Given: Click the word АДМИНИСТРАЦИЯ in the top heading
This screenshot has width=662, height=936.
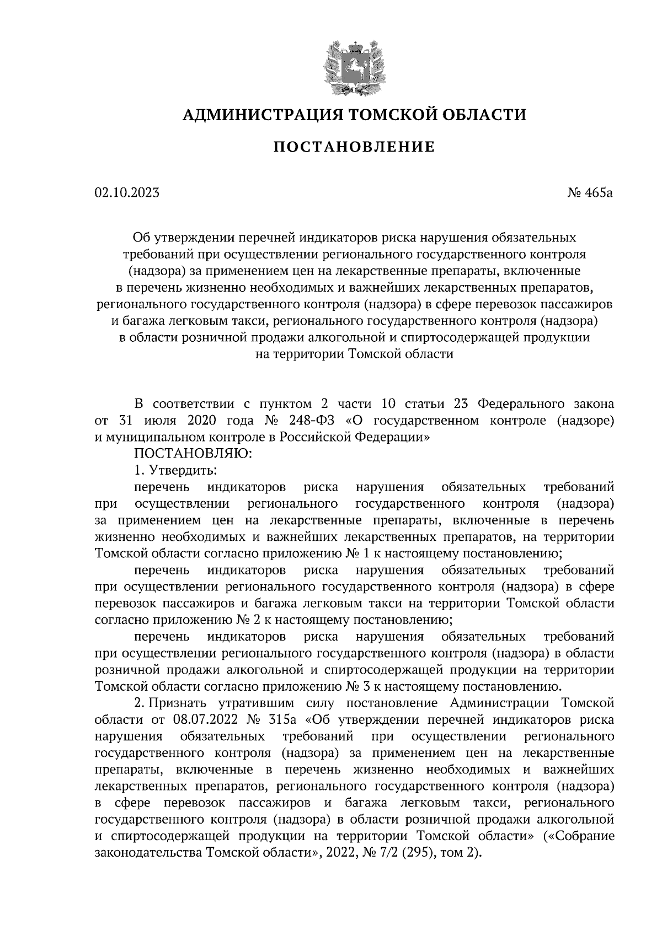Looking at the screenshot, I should tap(257, 115).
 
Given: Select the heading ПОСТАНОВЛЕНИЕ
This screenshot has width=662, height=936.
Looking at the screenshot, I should tap(354, 147).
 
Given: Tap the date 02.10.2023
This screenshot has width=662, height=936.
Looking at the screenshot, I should tap(127, 192).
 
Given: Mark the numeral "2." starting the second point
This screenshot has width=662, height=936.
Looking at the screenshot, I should tap(139, 703).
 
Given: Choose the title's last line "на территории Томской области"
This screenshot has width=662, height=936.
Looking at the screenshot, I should tap(354, 354).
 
